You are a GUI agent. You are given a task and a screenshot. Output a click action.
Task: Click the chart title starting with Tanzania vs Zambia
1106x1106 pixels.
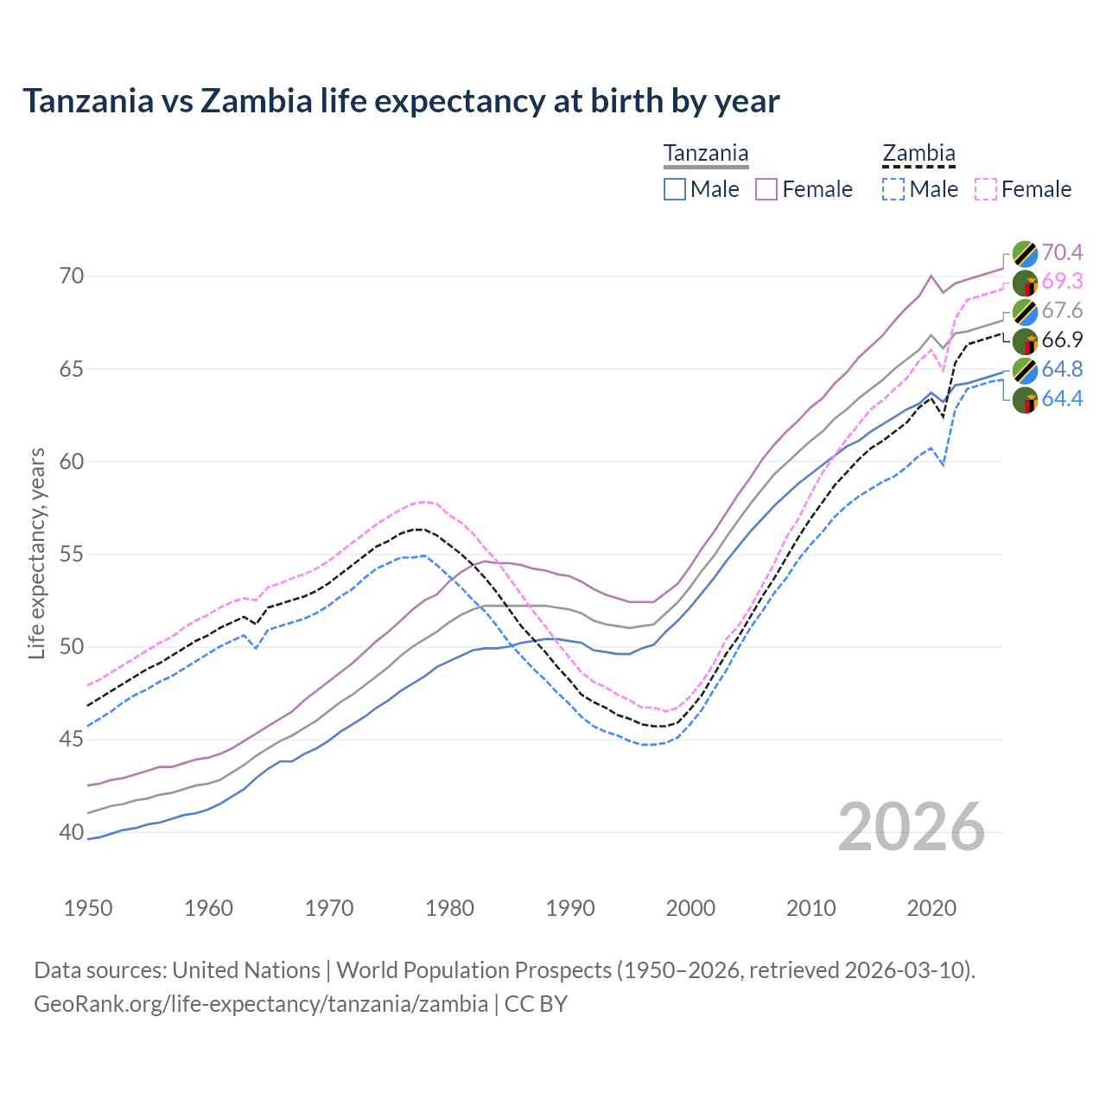click(x=401, y=101)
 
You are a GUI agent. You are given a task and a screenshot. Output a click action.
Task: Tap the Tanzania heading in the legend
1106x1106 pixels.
click(x=705, y=154)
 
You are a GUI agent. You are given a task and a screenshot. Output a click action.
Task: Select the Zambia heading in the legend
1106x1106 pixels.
click(x=918, y=154)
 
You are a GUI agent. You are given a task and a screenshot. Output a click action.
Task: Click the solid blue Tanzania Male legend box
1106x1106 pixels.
click(x=675, y=189)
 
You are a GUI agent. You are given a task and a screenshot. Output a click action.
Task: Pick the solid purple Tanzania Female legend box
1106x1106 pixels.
click(x=766, y=189)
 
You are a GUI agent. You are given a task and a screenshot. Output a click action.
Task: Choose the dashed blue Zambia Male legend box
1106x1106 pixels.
click(x=893, y=189)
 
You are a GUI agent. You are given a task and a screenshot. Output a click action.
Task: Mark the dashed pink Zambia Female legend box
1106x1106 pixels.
click(x=986, y=189)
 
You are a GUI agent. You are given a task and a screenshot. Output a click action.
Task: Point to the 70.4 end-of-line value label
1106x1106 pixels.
click(x=1062, y=252)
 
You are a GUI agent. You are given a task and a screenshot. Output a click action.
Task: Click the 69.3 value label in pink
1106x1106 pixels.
click(x=1062, y=282)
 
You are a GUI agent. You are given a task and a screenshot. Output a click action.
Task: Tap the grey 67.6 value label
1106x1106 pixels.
click(x=1062, y=311)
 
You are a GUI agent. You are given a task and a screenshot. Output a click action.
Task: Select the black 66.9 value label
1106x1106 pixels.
click(x=1062, y=340)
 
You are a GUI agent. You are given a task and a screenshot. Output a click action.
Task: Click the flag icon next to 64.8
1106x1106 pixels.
click(x=1025, y=370)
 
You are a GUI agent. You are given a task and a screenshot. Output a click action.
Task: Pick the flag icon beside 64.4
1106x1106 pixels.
click(x=1025, y=399)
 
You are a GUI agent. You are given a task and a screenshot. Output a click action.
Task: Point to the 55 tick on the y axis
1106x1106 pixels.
click(x=72, y=554)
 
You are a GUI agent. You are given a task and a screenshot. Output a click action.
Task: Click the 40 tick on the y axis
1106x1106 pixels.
click(x=72, y=832)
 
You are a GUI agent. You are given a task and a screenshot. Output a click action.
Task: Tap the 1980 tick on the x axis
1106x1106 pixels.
click(x=449, y=908)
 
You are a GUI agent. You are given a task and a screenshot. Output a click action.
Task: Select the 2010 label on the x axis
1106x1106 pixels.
click(x=810, y=908)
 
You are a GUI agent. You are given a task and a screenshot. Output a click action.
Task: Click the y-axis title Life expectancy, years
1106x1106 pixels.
click(x=37, y=554)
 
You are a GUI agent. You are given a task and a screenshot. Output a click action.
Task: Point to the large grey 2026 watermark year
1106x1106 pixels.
click(x=912, y=827)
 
